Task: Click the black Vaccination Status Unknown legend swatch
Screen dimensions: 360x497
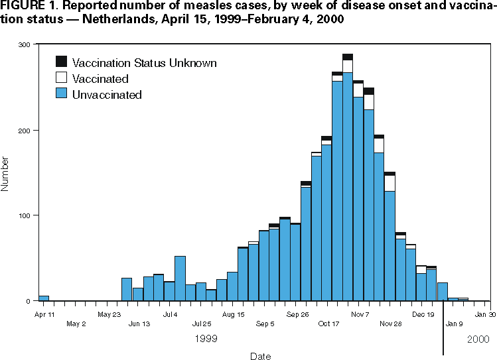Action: [62, 62]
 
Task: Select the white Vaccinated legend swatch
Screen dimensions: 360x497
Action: [62, 78]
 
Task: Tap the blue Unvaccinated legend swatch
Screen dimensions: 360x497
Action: [62, 94]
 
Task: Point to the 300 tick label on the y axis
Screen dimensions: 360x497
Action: [25, 45]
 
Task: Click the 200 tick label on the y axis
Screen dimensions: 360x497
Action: [25, 131]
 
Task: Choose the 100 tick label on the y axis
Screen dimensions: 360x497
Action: [25, 216]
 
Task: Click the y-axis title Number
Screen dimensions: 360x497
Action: [6, 174]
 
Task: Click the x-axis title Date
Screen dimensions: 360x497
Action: [260, 356]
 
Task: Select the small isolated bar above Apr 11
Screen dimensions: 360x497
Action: [44, 298]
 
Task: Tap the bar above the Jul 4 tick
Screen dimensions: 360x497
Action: [180, 278]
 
